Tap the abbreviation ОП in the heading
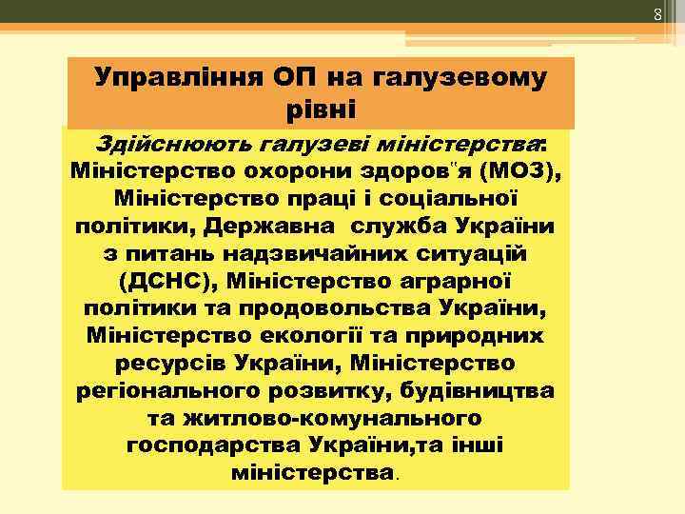(x=298, y=77)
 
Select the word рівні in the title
(x=321, y=108)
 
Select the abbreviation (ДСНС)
(x=167, y=283)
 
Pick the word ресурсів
(x=166, y=364)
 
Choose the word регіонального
(x=157, y=391)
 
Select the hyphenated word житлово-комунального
(x=315, y=418)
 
